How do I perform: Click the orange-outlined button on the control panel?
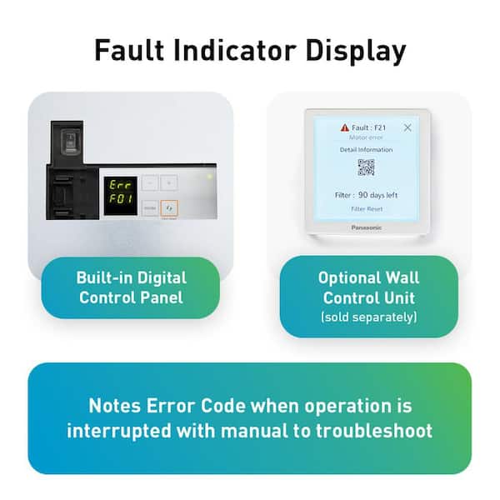pos(169,207)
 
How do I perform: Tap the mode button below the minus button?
pos(149,207)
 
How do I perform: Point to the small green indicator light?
pos(209,177)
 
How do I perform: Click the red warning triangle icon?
pos(344,127)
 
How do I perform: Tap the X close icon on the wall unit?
pos(407,127)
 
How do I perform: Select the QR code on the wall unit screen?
pos(367,167)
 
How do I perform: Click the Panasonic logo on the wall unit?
pos(367,227)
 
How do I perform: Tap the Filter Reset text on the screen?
pos(367,208)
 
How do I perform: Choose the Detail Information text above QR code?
pos(367,149)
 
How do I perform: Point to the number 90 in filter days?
pos(364,195)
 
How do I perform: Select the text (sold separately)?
pos(368,317)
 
